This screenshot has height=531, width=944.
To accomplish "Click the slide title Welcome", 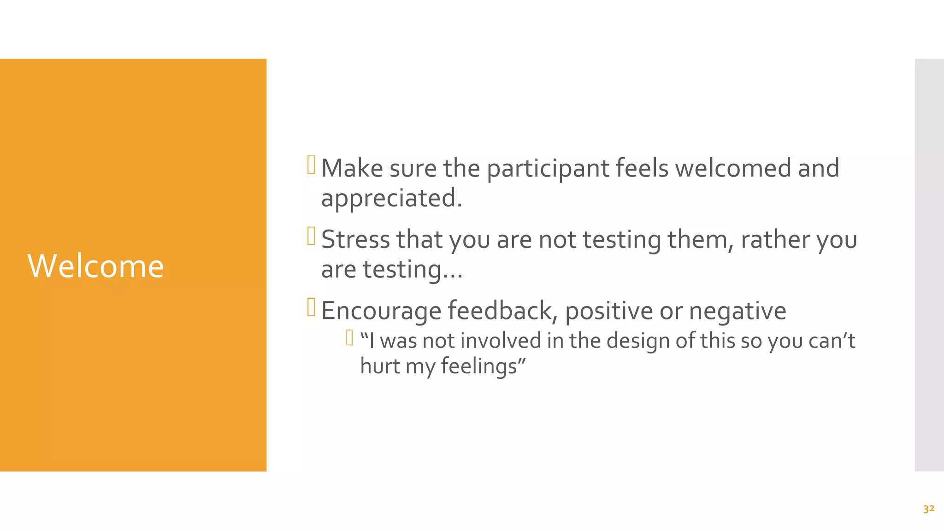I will tap(95, 266).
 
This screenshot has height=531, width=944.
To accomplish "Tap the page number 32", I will tap(928, 509).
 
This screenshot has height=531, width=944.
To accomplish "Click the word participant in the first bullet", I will tap(548, 169).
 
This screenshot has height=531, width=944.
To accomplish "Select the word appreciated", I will tap(391, 199).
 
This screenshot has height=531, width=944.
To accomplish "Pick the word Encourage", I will tap(381, 311).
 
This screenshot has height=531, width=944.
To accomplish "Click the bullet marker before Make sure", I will tap(311, 165).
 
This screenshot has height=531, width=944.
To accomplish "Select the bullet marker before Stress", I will tap(311, 236).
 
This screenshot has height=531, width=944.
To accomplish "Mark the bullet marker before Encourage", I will tap(311, 307).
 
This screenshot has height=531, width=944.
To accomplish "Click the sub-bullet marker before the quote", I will tap(349, 338).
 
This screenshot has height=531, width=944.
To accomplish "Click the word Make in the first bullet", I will tap(352, 168).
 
